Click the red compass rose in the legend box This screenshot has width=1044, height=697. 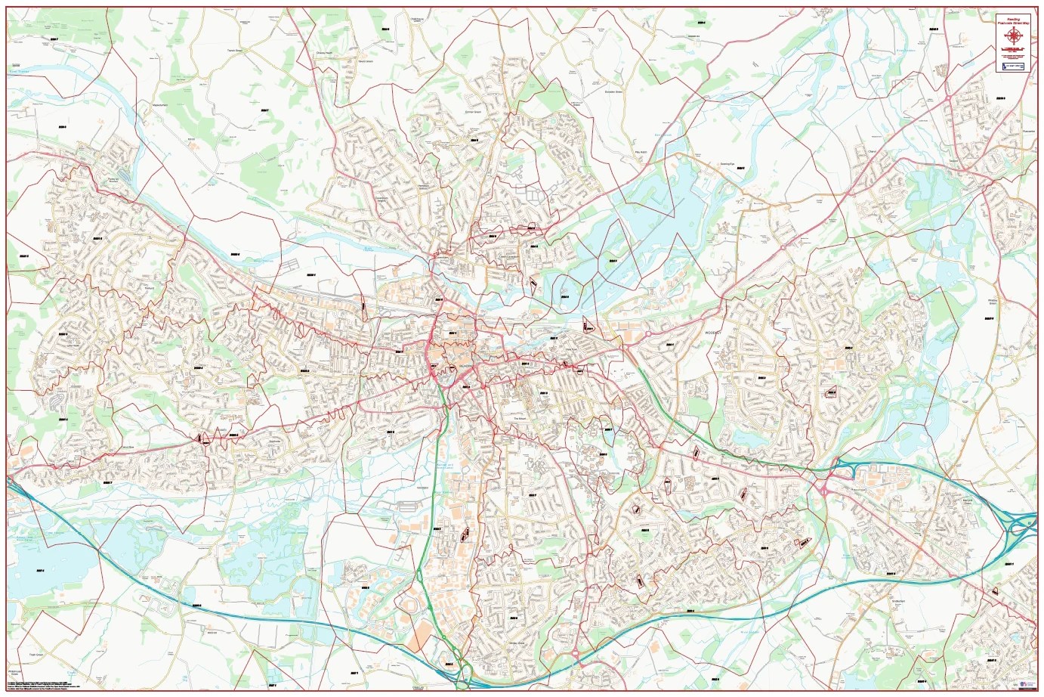coord(1013,34)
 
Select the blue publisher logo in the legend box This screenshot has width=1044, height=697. coord(1013,67)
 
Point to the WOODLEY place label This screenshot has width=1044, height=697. coord(714,332)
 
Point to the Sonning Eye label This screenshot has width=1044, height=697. coord(727,164)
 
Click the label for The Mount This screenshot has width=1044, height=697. coord(519,420)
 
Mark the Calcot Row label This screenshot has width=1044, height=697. coord(113,447)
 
